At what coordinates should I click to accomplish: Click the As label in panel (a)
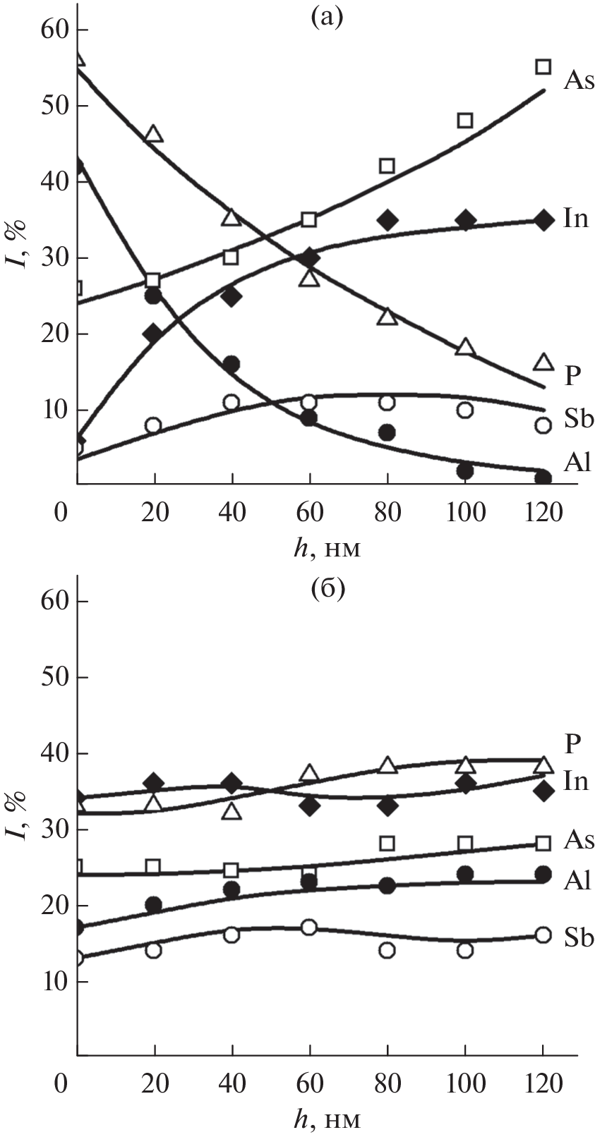(579, 80)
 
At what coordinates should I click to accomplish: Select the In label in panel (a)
(576, 219)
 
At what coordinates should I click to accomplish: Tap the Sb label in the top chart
(579, 420)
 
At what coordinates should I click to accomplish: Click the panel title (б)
(327, 589)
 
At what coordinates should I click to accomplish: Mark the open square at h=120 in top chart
(543, 67)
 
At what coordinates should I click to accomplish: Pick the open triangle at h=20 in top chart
(154, 133)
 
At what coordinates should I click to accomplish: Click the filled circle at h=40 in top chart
(232, 364)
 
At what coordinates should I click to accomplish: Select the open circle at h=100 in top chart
(464, 410)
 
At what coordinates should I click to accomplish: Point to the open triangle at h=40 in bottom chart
(232, 811)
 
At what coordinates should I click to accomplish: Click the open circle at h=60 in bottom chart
(309, 928)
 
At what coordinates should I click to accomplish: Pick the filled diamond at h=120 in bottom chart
(543, 791)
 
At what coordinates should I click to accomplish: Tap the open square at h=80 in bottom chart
(387, 844)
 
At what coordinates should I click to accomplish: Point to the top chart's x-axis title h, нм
(327, 548)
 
